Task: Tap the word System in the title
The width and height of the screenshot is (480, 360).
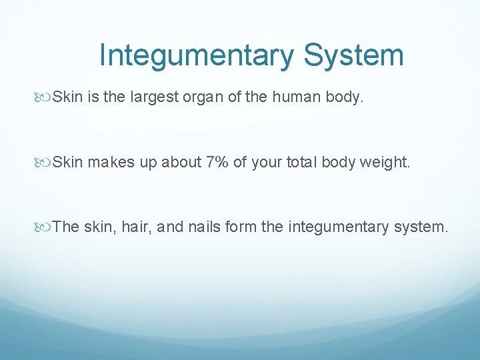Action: point(353,55)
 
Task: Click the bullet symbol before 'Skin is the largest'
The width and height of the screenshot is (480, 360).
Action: point(44,98)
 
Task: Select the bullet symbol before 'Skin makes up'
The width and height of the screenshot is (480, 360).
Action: point(44,162)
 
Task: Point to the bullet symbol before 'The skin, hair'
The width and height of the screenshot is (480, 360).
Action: point(44,227)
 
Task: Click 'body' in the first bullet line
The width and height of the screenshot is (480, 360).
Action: point(349,98)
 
